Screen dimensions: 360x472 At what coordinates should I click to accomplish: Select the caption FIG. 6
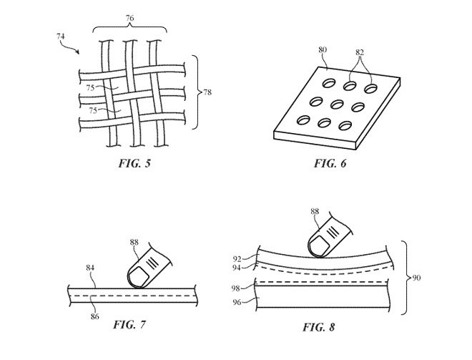coord(330,163)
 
